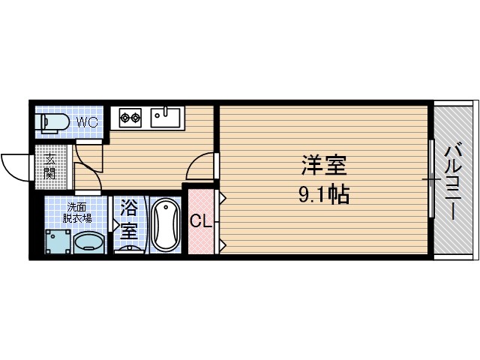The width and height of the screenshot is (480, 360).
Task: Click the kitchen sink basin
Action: [166, 116]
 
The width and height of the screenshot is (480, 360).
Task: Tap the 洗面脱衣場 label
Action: [78, 212]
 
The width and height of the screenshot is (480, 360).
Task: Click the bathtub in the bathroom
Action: [164, 224]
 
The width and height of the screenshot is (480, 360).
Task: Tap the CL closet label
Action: [199, 221]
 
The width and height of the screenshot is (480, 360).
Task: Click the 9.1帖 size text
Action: [323, 196]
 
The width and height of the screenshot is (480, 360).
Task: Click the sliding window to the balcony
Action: [431, 178]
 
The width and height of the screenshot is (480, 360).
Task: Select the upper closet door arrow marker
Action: [223, 196]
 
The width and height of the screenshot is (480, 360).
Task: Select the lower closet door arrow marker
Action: [223, 244]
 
